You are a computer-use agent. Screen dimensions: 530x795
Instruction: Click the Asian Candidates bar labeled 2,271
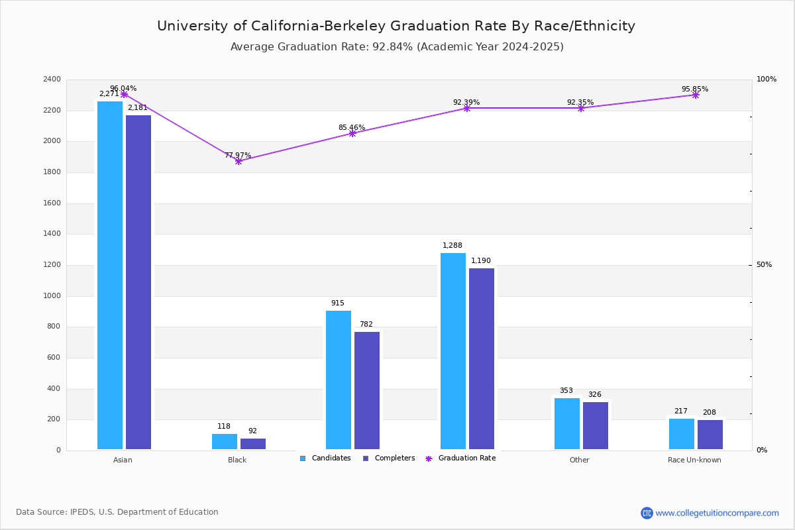110,275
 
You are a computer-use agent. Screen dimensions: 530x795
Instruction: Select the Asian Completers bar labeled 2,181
138,282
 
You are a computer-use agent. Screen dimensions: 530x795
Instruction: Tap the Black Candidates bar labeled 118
225,442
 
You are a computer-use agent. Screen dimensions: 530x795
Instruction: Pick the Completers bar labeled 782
367,390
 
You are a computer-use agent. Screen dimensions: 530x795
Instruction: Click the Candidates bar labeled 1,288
453,351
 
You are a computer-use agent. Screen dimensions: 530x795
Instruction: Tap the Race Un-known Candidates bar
682,434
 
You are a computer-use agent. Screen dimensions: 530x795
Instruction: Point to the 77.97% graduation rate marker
238,161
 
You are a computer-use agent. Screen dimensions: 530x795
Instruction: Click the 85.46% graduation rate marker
352,133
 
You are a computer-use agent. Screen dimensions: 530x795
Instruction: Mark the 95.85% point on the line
695,95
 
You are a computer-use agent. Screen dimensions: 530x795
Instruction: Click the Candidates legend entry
325,458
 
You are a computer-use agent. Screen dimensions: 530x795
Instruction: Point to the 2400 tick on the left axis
52,79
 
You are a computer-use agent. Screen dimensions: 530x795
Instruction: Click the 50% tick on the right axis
764,265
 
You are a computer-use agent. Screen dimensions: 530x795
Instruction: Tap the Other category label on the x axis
579,460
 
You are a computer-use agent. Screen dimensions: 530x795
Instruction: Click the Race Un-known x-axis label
694,460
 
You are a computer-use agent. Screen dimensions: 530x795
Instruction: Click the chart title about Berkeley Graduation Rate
396,26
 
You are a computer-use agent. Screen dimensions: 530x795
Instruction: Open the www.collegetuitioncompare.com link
717,513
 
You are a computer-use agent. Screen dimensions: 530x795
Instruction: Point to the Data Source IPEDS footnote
117,512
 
